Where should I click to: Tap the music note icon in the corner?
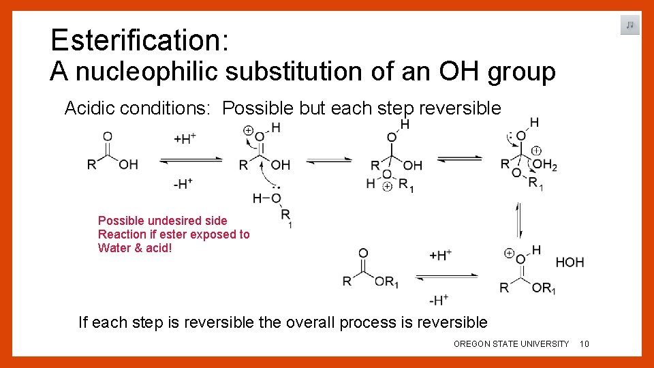tap(629, 25)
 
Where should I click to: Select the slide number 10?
tap(584, 344)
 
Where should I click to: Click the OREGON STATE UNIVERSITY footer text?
tap(511, 344)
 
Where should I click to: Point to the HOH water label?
tap(570, 262)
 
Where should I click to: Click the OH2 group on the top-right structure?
tap(544, 164)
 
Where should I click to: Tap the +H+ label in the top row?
tap(185, 138)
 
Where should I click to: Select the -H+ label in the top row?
tap(183, 183)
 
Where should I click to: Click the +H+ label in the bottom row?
tap(441, 255)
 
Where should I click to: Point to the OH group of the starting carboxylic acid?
tap(128, 165)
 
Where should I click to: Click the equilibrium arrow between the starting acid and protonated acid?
tap(191, 161)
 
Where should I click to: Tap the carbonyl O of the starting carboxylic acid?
tap(107, 136)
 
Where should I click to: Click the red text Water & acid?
tap(135, 248)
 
